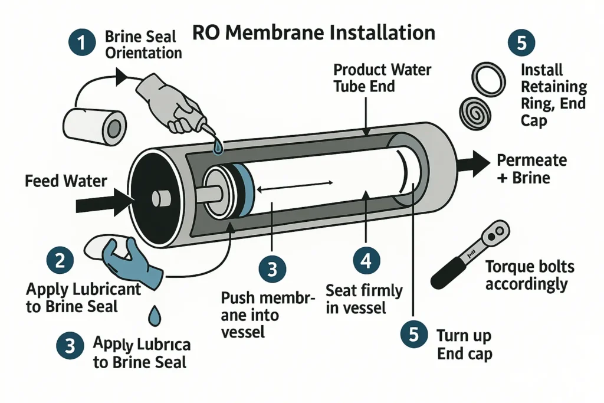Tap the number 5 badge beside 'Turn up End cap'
413,334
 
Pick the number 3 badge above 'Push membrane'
272,270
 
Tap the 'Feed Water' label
65,181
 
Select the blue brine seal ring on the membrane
245,187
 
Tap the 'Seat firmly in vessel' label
364,299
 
